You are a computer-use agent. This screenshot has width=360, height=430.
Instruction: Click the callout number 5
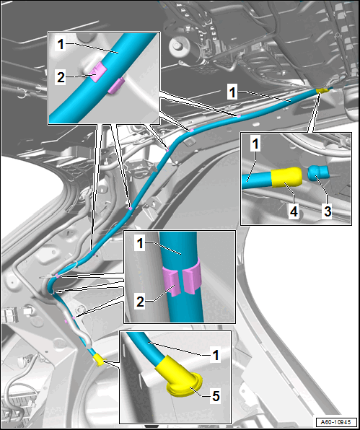point(216,395)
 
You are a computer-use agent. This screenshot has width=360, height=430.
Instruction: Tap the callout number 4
point(294,211)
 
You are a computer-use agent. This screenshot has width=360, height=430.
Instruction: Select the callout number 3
point(328,211)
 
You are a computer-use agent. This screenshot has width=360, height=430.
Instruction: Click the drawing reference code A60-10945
point(336,422)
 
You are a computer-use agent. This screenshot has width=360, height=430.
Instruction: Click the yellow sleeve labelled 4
point(287,177)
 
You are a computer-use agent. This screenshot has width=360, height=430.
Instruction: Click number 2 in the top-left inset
point(61,78)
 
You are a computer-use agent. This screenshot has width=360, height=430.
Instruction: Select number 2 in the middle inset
point(140,302)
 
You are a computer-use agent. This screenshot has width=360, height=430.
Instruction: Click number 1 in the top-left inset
point(61,45)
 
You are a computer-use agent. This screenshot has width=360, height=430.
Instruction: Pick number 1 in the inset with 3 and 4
point(255,144)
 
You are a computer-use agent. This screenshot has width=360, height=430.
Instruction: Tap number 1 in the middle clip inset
point(140,244)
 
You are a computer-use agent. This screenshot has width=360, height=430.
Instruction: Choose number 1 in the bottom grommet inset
point(216,355)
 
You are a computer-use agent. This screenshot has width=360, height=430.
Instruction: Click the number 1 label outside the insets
point(232,92)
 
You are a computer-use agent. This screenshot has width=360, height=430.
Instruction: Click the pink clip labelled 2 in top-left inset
point(98,72)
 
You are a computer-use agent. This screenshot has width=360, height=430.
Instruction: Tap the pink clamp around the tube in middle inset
point(182,280)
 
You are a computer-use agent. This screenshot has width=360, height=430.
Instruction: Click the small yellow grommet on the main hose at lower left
point(100,359)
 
